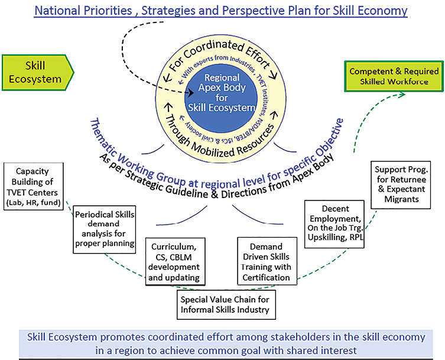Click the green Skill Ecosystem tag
pyautogui.click(x=35, y=72)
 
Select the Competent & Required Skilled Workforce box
pyautogui.click(x=394, y=76)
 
